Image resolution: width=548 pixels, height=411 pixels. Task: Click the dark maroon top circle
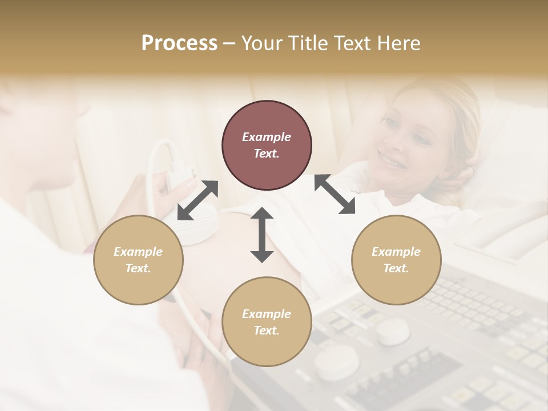[x=267, y=145]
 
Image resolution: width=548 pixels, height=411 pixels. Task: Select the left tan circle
[x=138, y=260]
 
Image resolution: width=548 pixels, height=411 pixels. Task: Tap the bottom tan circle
[x=267, y=321]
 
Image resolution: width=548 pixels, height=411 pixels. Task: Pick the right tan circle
[x=396, y=260]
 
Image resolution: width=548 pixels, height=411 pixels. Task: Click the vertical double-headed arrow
[x=262, y=235]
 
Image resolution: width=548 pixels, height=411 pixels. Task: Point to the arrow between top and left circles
[x=198, y=200]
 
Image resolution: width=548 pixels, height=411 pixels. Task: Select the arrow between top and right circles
[x=335, y=194]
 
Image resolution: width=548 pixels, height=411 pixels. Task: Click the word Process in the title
[x=179, y=43]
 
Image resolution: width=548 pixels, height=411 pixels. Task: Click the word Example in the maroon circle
[x=267, y=137]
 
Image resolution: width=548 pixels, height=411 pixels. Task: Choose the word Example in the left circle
[x=138, y=252]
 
